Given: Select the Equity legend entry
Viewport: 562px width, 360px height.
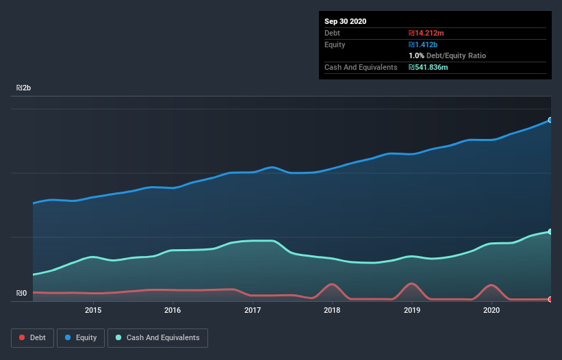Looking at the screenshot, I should pos(81,337).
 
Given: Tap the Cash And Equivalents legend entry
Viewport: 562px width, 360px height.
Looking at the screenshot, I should pos(157,337).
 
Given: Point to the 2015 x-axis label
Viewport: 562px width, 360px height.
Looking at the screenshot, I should pos(93,310).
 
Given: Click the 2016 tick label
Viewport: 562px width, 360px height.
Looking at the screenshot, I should pos(173,310).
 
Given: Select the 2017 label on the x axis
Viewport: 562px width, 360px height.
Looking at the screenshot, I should pos(253,310).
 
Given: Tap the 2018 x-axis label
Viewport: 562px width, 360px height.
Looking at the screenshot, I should pos(332,310).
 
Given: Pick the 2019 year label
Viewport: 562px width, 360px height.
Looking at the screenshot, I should pos(412,310).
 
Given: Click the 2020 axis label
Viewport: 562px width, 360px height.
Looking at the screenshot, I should pos(491,310).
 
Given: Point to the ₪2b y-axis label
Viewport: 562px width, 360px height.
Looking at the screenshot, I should pos(24,88).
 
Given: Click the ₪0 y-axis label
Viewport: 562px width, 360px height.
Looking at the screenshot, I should pos(21,294).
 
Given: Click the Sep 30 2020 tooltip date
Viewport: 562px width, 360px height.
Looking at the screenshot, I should pos(345,21).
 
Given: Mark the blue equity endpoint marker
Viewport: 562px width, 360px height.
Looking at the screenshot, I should pos(550,120).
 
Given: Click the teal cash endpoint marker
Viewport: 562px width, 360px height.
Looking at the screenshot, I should pos(550,232).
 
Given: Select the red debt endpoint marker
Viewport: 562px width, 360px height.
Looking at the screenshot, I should pos(550,299).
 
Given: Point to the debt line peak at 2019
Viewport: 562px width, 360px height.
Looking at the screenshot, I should pos(411,283).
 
